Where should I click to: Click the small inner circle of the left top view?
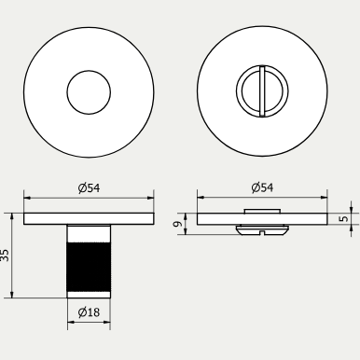point(88,92)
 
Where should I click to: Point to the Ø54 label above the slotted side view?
point(263,187)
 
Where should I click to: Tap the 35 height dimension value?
point(7,254)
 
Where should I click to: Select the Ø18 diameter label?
point(90,312)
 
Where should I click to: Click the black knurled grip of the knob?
point(89,265)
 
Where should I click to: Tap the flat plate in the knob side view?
point(89,218)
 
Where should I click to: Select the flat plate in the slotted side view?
point(262,219)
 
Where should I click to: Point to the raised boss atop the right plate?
point(263,212)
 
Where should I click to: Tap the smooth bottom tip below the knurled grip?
point(89,293)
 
